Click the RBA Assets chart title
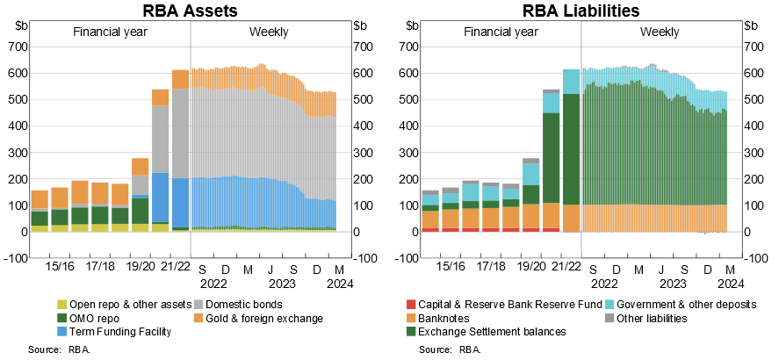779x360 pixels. point(192,11)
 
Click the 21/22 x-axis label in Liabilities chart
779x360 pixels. point(571,263)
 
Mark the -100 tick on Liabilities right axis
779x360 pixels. point(758,258)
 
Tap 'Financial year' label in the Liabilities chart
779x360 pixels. point(500,32)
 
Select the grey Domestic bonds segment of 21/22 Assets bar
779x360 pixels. point(180,133)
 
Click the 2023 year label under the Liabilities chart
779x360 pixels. point(672,284)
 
